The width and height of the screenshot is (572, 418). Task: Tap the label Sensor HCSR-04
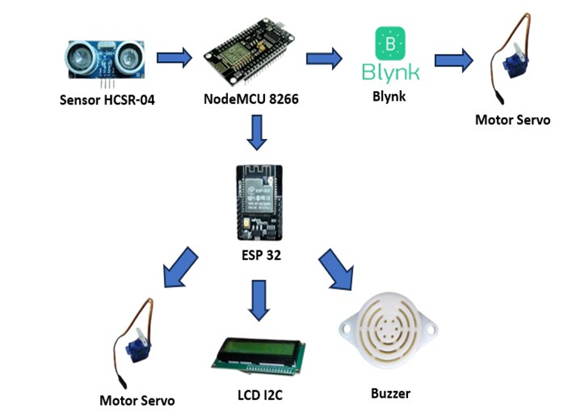(x=106, y=100)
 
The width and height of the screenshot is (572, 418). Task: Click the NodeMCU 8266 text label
(x=247, y=98)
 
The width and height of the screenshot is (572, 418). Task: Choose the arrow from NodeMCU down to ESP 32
(x=257, y=133)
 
